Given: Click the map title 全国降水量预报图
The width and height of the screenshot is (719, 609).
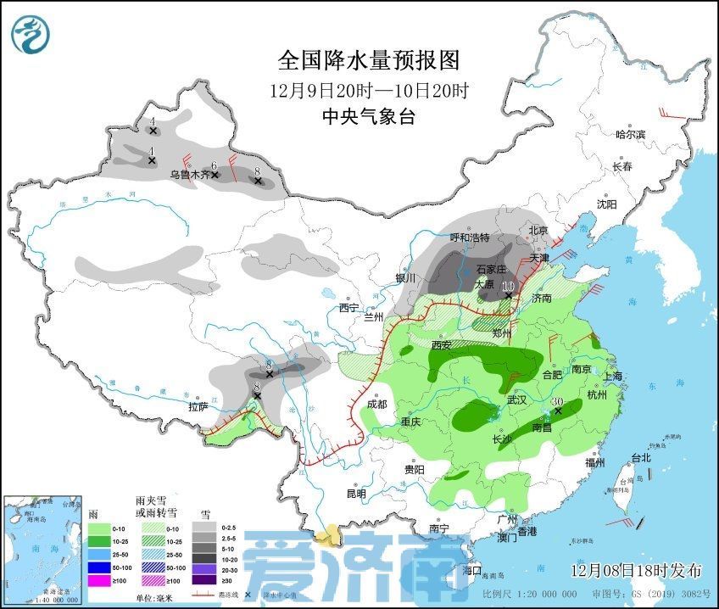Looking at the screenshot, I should tap(368, 61).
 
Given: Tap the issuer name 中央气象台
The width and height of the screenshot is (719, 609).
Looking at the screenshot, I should tap(369, 117).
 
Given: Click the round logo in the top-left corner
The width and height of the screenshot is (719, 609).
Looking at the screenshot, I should tap(31, 33).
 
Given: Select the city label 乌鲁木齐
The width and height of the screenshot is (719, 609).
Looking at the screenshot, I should tap(187, 175).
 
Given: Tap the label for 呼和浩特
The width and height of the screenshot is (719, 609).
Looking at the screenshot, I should tap(470, 237).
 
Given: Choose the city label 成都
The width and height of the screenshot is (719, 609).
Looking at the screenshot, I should tap(377, 404).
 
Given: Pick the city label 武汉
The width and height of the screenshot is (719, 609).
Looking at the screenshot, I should tap(516, 399).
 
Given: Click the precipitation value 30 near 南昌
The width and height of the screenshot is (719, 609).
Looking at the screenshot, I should tap(558, 402).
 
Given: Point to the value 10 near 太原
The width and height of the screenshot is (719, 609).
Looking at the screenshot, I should tap(507, 287).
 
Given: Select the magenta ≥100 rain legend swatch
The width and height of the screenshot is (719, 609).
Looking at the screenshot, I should tap(100, 580).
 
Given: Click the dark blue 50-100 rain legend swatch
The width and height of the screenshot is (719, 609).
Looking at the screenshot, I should tap(100, 565).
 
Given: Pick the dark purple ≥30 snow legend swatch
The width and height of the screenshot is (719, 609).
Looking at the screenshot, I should tap(203, 580).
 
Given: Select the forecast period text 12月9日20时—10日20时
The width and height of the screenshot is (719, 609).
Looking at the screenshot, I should tap(369, 90).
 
